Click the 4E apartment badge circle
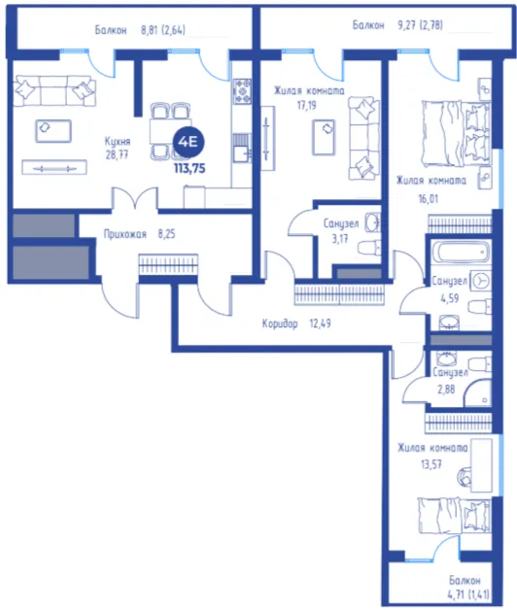tap(188, 142)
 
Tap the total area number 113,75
tap(190, 168)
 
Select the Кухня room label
tap(118, 141)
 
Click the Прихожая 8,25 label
tap(139, 234)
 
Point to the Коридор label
tap(280, 323)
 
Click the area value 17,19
tap(307, 105)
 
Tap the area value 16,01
tap(429, 199)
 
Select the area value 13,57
tap(431, 463)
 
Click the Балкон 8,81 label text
tap(140, 30)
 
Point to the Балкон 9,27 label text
tap(397, 25)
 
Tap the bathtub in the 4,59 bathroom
tap(462, 253)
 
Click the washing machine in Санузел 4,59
tap(481, 281)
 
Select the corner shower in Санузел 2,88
tap(479, 393)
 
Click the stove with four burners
tap(242, 91)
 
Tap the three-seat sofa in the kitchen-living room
tap(54, 91)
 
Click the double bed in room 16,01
tap(457, 134)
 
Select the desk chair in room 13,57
tap(464, 476)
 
